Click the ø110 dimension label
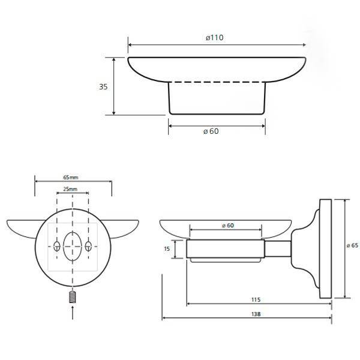[x=214, y=37]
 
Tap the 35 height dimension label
[x=103, y=87]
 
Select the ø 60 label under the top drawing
[x=211, y=131]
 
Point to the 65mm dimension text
[x=71, y=178]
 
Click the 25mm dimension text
[x=70, y=189]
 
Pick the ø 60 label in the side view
[x=228, y=226]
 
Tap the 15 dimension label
[x=167, y=248]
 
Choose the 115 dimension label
[x=256, y=299]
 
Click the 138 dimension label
[x=256, y=314]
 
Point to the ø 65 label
[x=352, y=245]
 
